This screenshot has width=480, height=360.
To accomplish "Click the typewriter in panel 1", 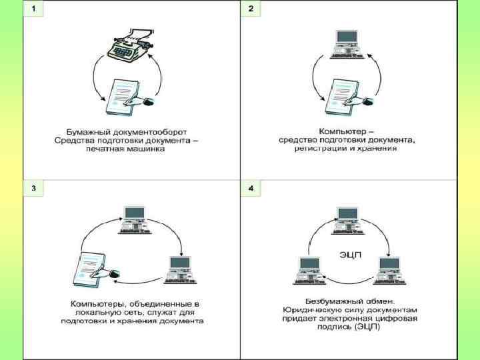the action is tap(131, 45).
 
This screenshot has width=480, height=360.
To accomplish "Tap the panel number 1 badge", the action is tap(34, 9).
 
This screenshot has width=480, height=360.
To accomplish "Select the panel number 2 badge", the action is tap(251, 9).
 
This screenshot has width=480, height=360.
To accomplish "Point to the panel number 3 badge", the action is tap(34, 187).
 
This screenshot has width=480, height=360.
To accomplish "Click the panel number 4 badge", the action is tap(251, 187).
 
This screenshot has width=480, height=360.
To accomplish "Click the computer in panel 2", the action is tap(347, 45).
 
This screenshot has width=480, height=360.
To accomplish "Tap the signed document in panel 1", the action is tap(129, 97).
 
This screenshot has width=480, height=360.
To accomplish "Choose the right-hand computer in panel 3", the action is tap(180, 270).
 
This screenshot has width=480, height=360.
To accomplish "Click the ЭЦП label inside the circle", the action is tap(351, 255).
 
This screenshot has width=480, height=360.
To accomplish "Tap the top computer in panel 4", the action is tap(347, 221).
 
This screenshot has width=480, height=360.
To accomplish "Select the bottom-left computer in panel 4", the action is tap(309, 271).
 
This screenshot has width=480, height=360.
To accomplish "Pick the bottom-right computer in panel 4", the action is tap(390, 271).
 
